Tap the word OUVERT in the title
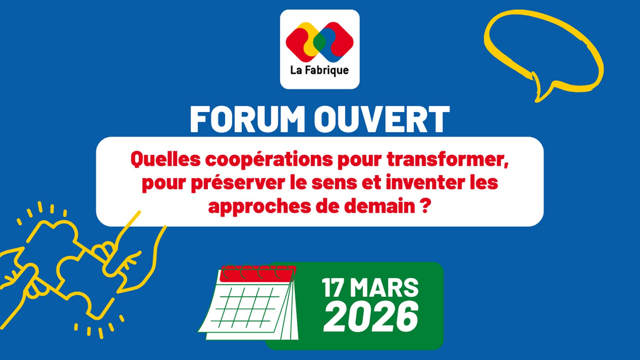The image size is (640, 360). pyautogui.click(x=382, y=120)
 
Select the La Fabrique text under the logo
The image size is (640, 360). pyautogui.click(x=320, y=70)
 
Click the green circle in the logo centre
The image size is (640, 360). pyautogui.click(x=320, y=41)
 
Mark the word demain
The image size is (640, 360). pyautogui.click(x=380, y=206)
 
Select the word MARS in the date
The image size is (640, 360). pyautogui.click(x=384, y=288)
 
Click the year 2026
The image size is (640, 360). pyautogui.click(x=371, y=316)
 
